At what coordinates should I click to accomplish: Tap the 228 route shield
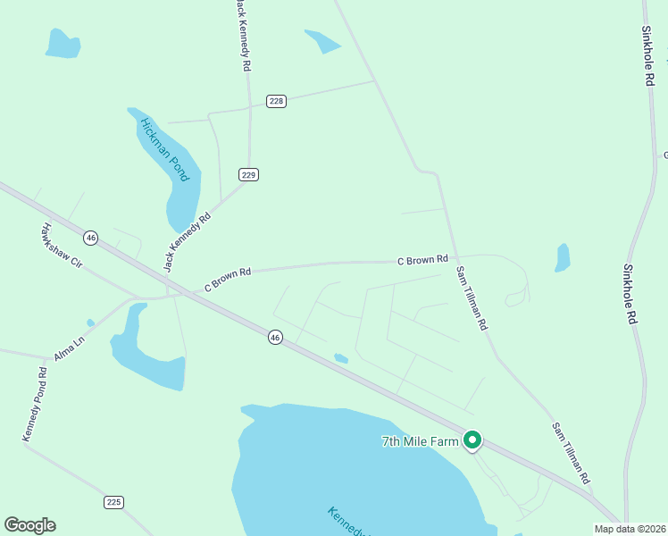[x=276, y=101]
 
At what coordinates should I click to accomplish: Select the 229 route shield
[x=248, y=174]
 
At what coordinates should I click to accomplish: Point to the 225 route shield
[x=113, y=502]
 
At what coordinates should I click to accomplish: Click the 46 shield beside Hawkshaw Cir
[x=90, y=238]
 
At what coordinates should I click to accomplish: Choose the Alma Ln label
[x=68, y=347]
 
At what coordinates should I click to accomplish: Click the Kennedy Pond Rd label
[x=35, y=403]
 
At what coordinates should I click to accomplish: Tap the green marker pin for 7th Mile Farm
[x=472, y=440]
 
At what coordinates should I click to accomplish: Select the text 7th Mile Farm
[x=420, y=441]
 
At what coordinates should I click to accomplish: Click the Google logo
[x=29, y=525]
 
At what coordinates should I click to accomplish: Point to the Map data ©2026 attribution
[x=630, y=529]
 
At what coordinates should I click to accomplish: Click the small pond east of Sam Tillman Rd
[x=562, y=257]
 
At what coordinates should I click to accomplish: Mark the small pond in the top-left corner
[x=63, y=43]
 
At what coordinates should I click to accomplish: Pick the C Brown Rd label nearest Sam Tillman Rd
[x=422, y=260]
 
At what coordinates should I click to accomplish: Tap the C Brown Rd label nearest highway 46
[x=229, y=280]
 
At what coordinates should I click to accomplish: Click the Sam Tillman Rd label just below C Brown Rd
[x=472, y=298]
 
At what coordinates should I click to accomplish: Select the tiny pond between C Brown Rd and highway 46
[x=340, y=358]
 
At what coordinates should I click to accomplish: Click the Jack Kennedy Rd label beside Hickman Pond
[x=187, y=242]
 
